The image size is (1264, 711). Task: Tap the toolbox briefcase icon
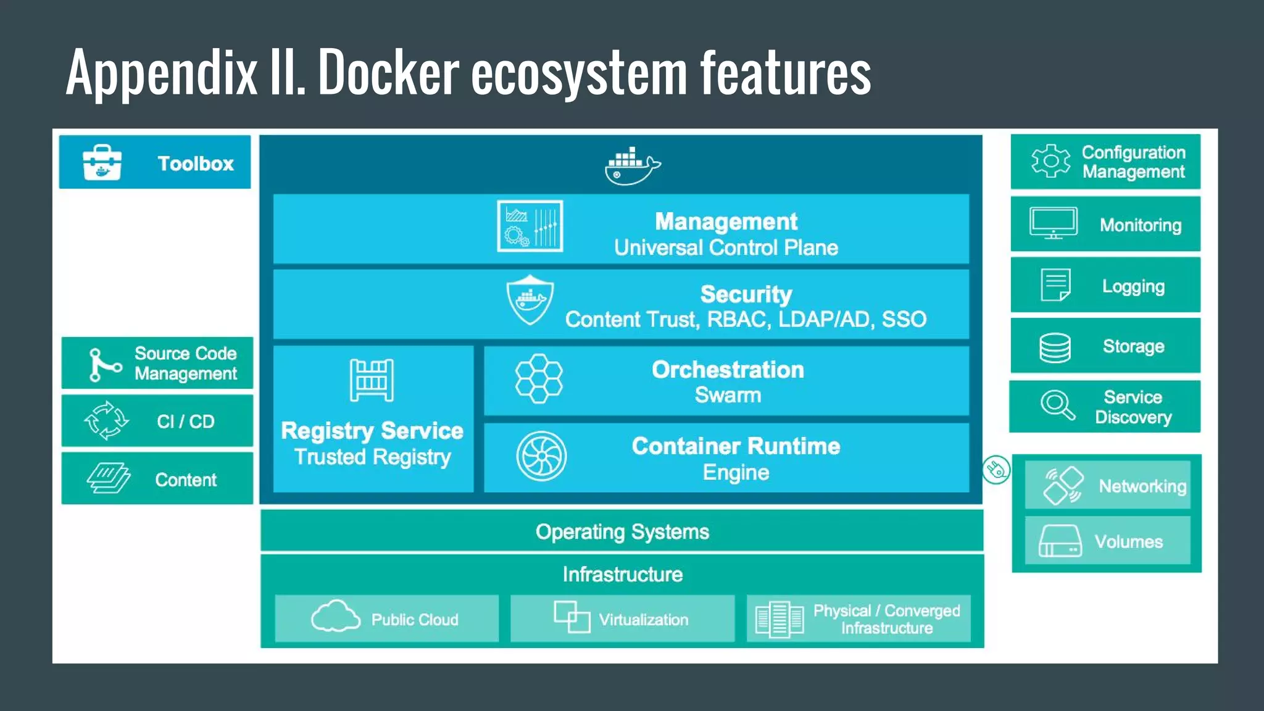(102, 163)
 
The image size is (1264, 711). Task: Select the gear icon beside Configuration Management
(1050, 161)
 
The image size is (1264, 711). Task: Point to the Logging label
(1133, 286)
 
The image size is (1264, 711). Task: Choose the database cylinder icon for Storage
(1055, 347)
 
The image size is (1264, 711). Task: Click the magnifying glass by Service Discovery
(1057, 406)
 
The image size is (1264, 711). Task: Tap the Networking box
(1107, 485)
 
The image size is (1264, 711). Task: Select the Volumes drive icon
(1060, 541)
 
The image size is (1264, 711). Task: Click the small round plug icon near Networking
(996, 470)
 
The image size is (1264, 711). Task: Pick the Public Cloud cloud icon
(335, 617)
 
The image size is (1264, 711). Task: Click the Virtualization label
(643, 620)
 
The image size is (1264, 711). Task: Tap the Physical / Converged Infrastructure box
(858, 618)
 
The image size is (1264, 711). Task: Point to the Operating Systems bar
(622, 531)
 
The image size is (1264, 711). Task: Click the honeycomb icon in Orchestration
(539, 379)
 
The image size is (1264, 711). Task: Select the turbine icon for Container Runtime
(541, 457)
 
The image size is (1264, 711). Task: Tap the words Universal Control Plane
(726, 248)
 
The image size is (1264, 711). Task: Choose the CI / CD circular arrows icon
(106, 421)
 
